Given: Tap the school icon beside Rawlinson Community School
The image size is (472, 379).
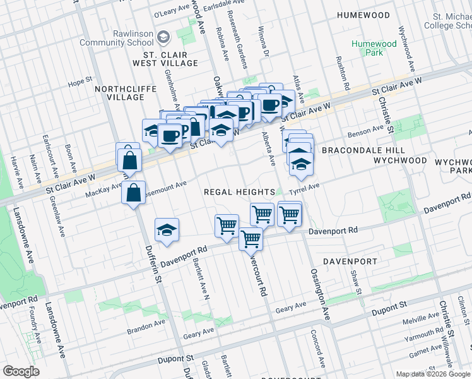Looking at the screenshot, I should pos(164,38).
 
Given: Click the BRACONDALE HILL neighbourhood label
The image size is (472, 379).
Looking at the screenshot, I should pos(358,151).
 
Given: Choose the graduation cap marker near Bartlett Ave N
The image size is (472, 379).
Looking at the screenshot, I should pos(167,231).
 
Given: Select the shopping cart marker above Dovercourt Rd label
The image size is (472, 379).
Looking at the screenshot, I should pos(251,239).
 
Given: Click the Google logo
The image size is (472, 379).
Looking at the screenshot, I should pos(21,371).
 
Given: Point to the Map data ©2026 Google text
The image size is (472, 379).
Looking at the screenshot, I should pos(433,374).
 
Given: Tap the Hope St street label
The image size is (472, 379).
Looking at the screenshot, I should pos(81,81).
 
